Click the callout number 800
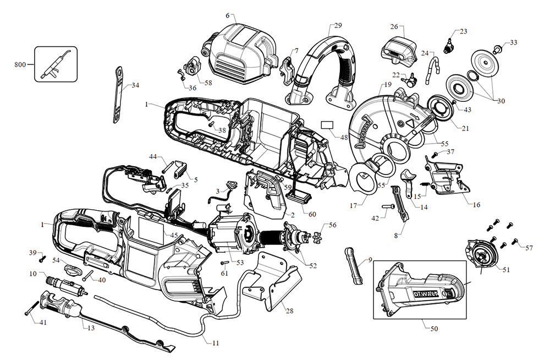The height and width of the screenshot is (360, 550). pos(20,65)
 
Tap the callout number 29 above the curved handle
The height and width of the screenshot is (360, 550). pos(338,25)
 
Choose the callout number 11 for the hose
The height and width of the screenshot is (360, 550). pos(215,342)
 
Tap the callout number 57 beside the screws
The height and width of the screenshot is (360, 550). pos(529,248)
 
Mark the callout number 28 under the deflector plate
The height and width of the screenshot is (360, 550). pos(289,310)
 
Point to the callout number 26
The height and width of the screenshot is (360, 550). pos(394,26)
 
